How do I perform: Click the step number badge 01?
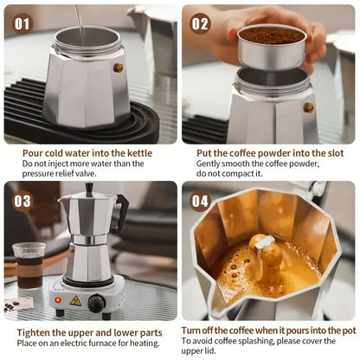22,23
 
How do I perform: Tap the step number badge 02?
200,23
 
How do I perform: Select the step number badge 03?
22,201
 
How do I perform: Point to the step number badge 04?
200,201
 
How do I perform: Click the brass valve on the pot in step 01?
118,67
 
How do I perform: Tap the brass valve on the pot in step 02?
308,107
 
